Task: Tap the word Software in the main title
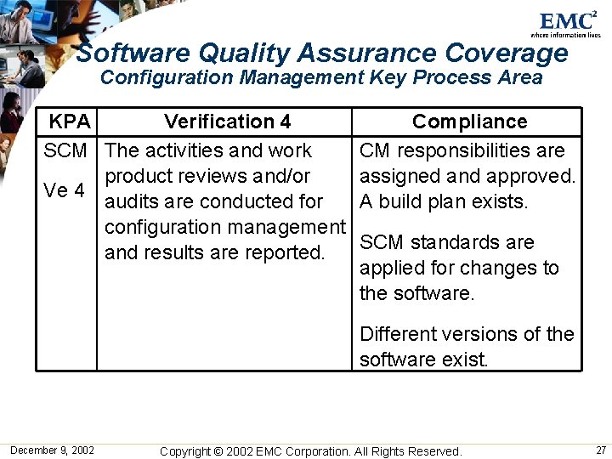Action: (133, 54)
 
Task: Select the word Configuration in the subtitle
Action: (167, 78)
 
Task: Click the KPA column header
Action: (70, 122)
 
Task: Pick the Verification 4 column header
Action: (227, 122)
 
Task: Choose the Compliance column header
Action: (469, 122)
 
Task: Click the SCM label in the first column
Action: (65, 151)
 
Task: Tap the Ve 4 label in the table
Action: (65, 190)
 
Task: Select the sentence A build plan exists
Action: (444, 202)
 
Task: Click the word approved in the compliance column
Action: (534, 177)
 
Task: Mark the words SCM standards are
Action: (447, 243)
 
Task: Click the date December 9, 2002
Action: (52, 450)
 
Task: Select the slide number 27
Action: (601, 450)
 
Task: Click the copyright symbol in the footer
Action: (217, 451)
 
